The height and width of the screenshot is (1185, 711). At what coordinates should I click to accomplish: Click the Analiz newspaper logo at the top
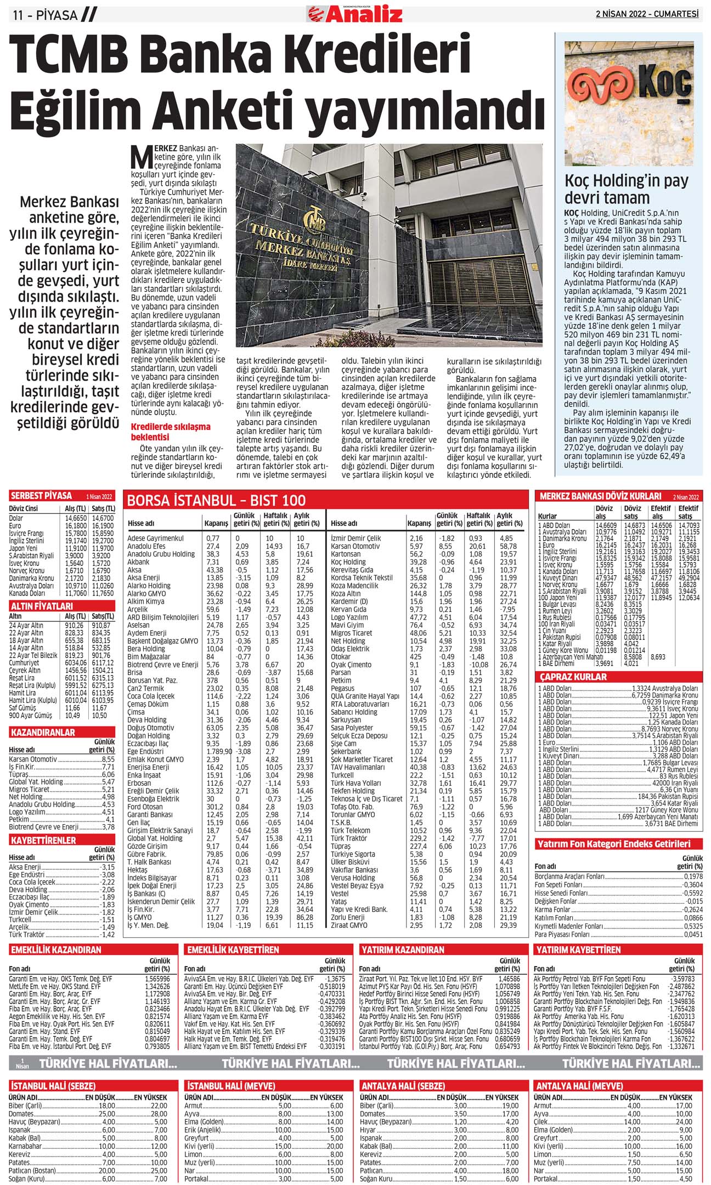tap(355, 14)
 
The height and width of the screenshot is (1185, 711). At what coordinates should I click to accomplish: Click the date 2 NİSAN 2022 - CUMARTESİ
tap(647, 14)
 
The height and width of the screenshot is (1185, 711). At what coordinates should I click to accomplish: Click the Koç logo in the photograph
tap(629, 88)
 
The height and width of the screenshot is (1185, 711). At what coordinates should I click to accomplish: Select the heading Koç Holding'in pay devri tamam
tap(626, 189)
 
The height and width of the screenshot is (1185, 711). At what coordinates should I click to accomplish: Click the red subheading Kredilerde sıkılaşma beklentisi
tap(170, 432)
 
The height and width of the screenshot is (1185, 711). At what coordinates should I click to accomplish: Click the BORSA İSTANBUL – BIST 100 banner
tap(216, 500)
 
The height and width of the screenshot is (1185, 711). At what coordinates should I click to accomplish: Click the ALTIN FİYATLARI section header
tap(42, 606)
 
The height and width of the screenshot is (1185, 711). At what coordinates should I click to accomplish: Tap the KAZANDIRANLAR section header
tap(43, 732)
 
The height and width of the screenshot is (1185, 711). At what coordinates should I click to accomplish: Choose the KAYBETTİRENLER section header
tap(43, 840)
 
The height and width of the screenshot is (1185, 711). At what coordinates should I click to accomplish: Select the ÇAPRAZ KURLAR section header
tap(573, 677)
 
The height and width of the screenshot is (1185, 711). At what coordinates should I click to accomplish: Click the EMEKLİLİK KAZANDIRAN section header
tap(55, 949)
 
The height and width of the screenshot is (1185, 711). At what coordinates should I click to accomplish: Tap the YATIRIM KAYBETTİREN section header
tap(578, 949)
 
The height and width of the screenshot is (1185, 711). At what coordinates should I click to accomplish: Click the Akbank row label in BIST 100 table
tap(138, 562)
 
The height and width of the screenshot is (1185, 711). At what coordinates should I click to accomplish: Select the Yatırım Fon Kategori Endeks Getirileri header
tap(613, 843)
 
